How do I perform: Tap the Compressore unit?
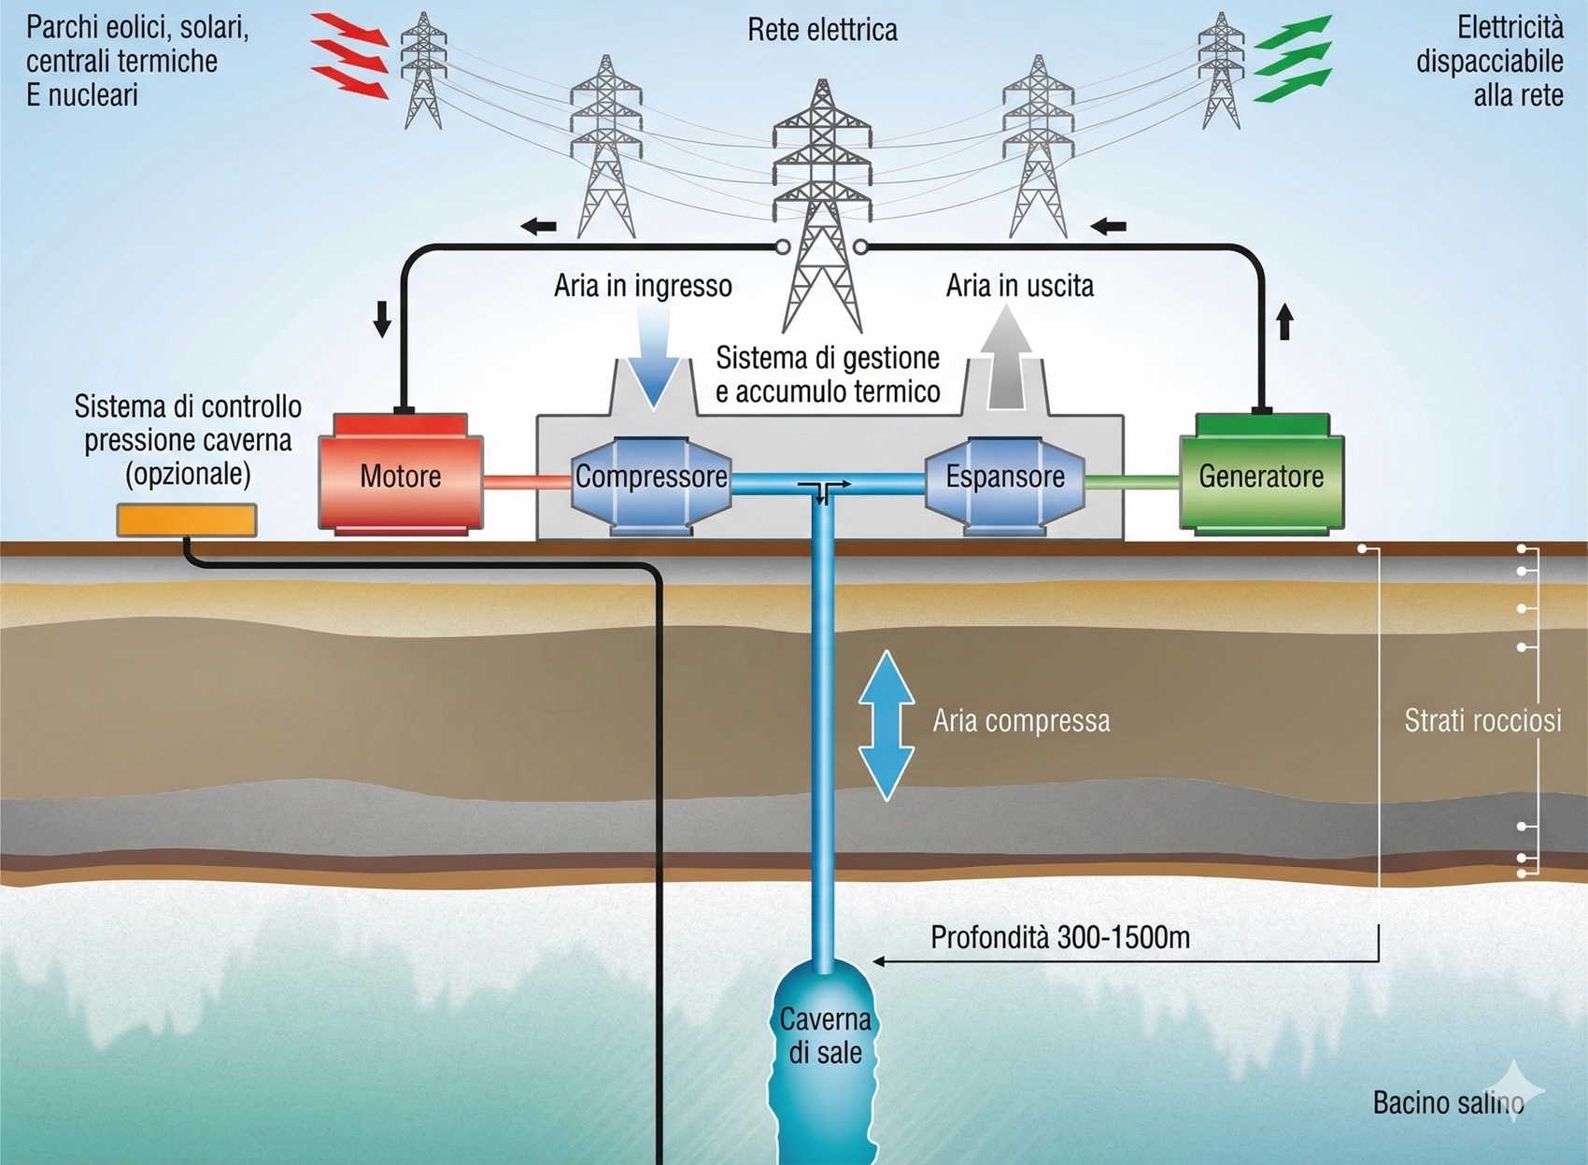651,476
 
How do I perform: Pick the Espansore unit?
1005,476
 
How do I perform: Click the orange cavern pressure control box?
187,520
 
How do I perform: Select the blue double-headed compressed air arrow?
886,726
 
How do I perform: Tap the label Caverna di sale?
825,1036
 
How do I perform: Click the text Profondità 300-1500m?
1060,937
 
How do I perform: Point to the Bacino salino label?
1448,1102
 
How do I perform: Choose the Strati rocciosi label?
1482,720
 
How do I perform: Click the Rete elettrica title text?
822,30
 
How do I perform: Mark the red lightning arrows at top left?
349,56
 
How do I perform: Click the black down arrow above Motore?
382,319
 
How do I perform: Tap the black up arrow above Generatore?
1285,321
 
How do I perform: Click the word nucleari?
92,95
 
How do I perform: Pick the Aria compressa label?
1021,721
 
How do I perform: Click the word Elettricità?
1510,27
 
